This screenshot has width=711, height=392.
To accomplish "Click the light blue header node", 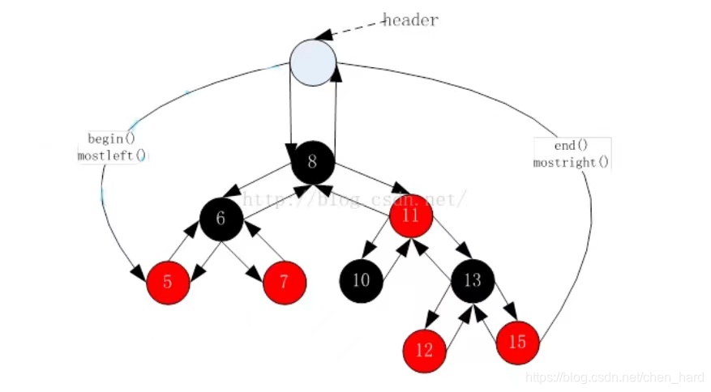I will tap(313, 63).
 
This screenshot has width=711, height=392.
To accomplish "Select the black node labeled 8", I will tap(313, 162).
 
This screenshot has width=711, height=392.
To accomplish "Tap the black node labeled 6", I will tap(221, 218).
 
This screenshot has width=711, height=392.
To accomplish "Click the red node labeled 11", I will tap(411, 216).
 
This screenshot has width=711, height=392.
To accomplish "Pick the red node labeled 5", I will tap(168, 283).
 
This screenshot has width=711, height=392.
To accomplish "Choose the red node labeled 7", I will tap(285, 283).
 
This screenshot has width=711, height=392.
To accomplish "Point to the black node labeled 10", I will tap(361, 280).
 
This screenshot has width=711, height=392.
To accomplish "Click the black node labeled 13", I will tap(473, 280).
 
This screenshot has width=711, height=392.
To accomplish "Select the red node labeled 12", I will tap(425, 350).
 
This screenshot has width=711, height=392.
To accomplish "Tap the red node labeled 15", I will tap(517, 342).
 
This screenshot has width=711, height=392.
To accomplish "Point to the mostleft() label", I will tap(112, 155).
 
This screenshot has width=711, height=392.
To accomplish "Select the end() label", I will tap(571, 146).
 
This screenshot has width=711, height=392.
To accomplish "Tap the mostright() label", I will tap(571, 162).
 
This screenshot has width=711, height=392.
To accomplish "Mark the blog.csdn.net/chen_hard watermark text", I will tap(615, 377).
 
